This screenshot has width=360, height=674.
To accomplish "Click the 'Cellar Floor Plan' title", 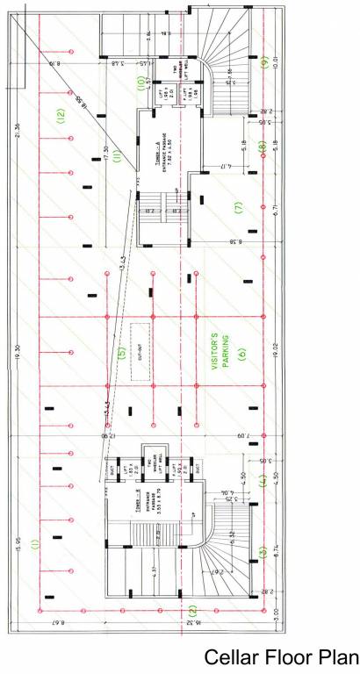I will click(x=282, y=658).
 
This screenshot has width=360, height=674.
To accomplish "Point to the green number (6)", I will click(x=241, y=355).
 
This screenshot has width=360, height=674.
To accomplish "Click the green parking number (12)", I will click(x=61, y=114).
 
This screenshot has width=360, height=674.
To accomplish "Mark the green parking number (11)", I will click(x=116, y=157).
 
